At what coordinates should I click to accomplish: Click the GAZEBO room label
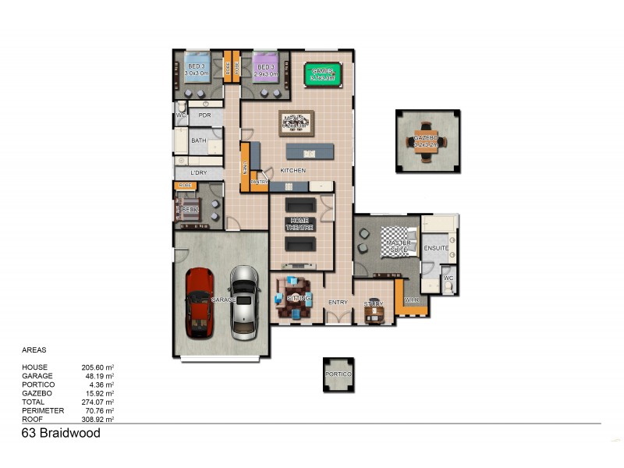click(x=426, y=138)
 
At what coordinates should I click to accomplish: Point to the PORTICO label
click(x=339, y=375)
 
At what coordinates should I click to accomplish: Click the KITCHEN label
click(x=292, y=170)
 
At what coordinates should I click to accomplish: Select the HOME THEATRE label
click(x=301, y=224)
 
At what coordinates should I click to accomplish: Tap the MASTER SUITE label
click(x=399, y=246)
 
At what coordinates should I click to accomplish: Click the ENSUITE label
click(x=436, y=248)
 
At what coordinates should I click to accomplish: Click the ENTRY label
click(x=338, y=303)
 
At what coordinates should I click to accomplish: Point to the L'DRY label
click(x=199, y=173)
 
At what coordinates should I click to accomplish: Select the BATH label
click(x=199, y=140)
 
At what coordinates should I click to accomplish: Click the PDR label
click(x=204, y=115)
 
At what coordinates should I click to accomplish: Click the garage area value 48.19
click(x=99, y=376)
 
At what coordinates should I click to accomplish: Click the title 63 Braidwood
click(x=61, y=434)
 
